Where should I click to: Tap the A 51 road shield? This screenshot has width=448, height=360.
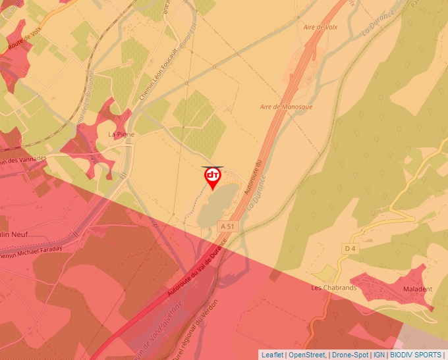tap(227, 226)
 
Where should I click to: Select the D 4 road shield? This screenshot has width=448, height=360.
tap(350, 249)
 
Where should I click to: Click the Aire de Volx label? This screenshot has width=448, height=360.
tap(320, 27)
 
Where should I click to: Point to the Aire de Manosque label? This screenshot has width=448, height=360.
tap(286, 107)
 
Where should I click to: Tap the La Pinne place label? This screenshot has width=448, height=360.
tap(121, 134)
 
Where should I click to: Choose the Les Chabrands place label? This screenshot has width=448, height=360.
tap(333, 288)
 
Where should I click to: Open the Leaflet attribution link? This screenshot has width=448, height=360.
tap(272, 355)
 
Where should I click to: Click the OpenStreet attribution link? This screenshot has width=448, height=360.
tap(308, 355)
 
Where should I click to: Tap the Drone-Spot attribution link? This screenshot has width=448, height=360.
tap(349, 355)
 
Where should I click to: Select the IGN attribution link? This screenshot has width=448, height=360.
tap(379, 355)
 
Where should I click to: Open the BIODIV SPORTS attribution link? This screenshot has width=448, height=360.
tap(416, 355)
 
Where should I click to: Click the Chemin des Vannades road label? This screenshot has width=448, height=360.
tap(23, 160)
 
